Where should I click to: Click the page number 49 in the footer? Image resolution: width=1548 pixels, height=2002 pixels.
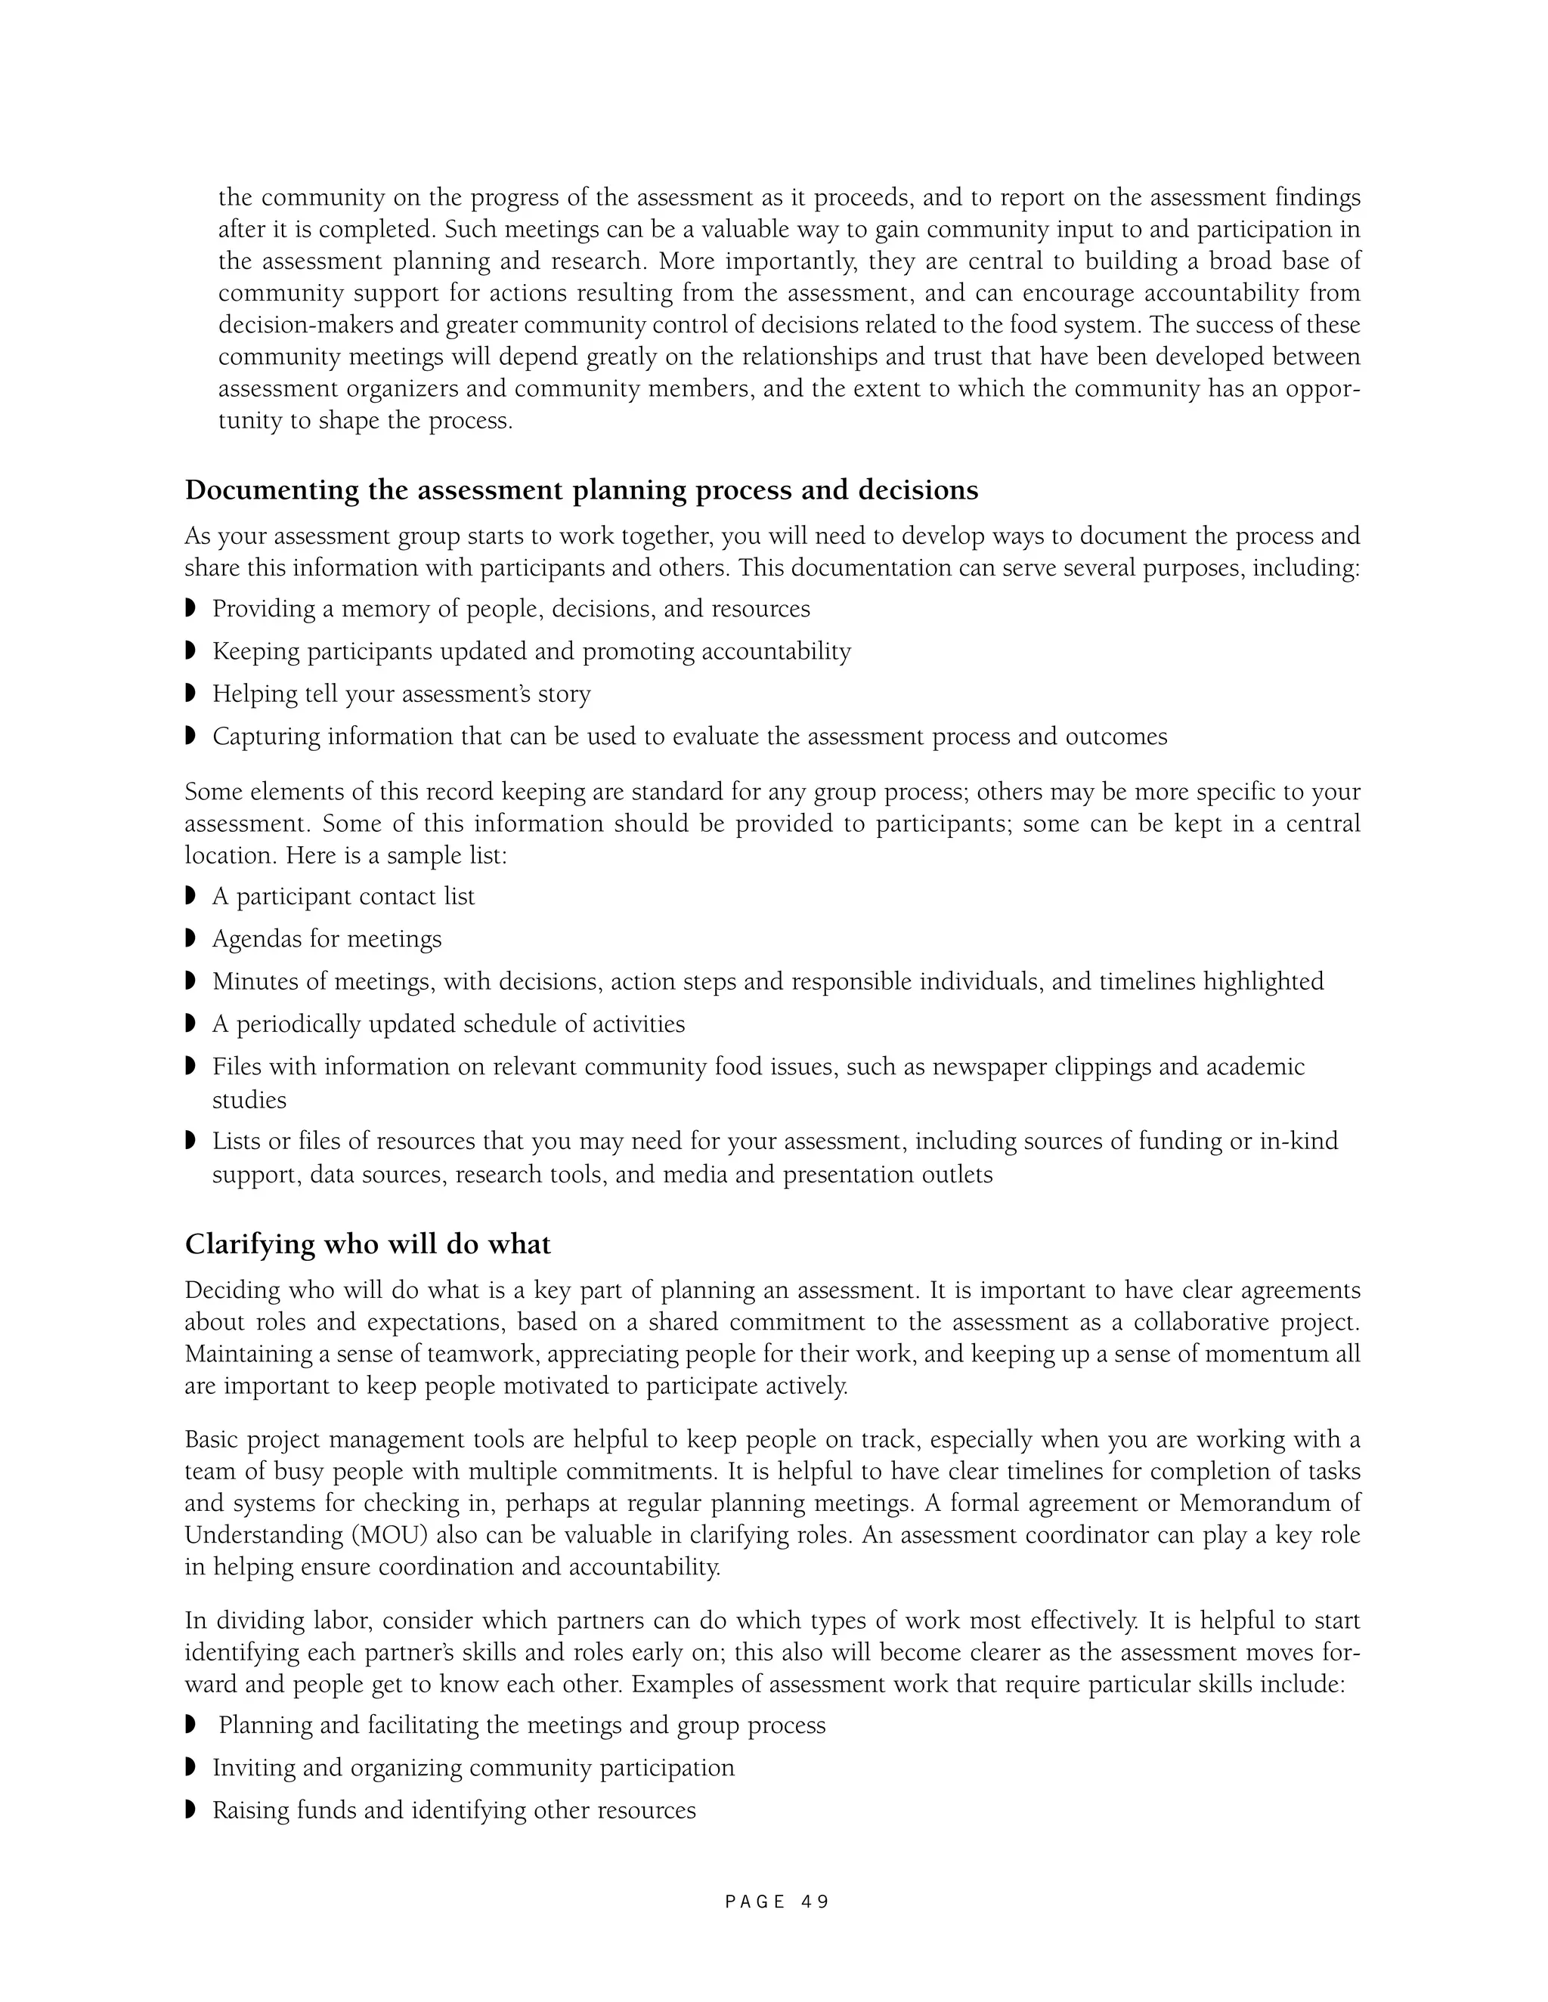coord(814,1902)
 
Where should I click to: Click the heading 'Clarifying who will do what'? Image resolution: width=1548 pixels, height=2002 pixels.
coord(368,1245)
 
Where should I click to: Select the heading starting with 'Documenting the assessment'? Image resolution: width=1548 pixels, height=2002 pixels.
coord(581,490)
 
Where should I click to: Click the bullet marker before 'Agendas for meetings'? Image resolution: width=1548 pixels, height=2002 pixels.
coord(190,938)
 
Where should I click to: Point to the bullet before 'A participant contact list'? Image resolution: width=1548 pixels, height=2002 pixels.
coord(190,895)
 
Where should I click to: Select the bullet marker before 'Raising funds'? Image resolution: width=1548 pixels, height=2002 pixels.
coord(190,1809)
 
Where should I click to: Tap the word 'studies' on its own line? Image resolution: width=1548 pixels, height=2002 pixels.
coord(249,1100)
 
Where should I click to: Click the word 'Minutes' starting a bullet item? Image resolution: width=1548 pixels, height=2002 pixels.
coord(253,982)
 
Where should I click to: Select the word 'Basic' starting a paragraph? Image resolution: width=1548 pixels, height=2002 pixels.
coord(212,1440)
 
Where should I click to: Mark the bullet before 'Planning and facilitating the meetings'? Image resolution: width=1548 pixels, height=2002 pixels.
coord(190,1725)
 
